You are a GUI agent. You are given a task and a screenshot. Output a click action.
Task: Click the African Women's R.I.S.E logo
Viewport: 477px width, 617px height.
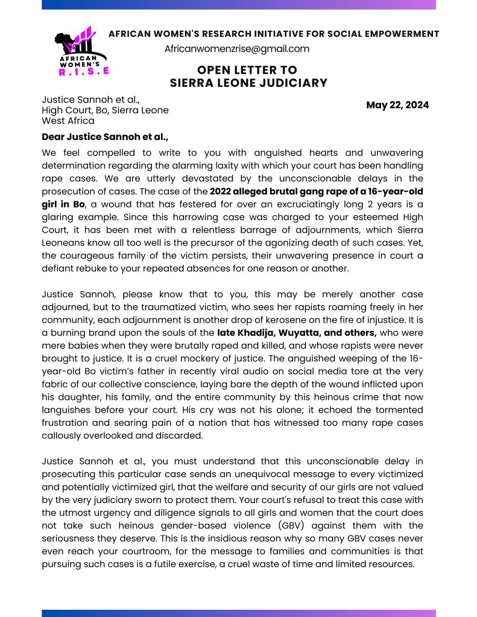tap(81, 52)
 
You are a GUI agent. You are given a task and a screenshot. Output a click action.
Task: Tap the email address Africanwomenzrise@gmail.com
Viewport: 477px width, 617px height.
tap(237, 49)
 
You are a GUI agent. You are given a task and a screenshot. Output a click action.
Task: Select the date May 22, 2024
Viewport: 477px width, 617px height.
tap(397, 105)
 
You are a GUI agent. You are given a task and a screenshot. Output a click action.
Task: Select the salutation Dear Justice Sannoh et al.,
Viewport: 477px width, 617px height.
tap(105, 138)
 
